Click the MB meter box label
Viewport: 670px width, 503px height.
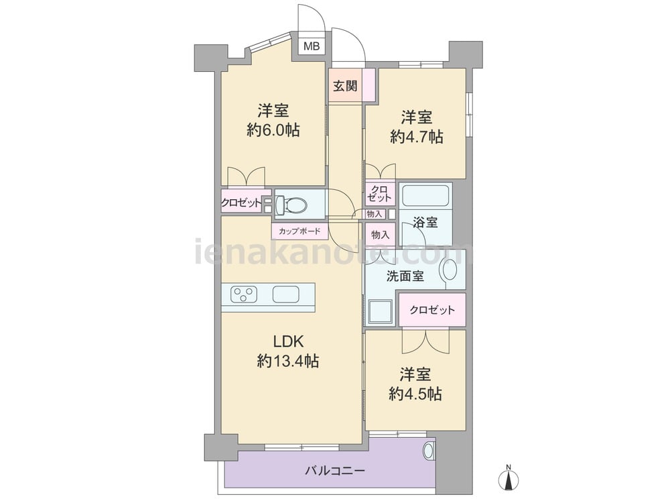point(312,46)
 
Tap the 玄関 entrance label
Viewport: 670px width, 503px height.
point(345,86)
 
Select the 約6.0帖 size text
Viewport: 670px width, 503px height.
point(273,130)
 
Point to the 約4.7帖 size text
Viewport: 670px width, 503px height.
point(416,136)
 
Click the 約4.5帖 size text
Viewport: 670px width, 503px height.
point(415,394)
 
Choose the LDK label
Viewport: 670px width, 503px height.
point(288,341)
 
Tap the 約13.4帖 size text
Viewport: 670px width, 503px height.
point(288,361)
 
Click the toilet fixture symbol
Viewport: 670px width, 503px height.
point(292,205)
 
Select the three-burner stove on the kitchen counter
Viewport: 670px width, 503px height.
point(244,294)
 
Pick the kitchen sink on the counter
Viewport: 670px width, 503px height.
point(285,294)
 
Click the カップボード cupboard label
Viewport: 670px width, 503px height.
point(299,232)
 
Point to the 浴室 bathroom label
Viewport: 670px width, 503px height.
point(425,223)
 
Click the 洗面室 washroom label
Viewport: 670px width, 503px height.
point(405,276)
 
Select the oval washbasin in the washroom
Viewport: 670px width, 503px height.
point(450,270)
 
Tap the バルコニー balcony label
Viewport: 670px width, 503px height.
point(335,471)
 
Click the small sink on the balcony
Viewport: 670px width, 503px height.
point(429,450)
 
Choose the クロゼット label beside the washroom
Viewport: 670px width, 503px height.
point(431,310)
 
